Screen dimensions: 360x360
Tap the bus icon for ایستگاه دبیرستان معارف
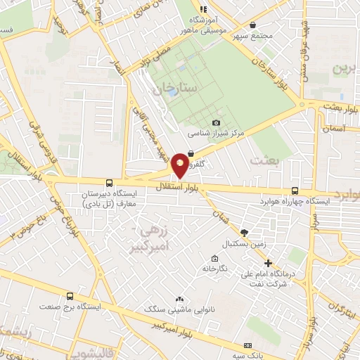[x=109, y=182]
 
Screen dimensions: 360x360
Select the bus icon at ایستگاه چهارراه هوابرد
[x=295, y=190]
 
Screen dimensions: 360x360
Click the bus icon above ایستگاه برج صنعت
[x=69, y=297]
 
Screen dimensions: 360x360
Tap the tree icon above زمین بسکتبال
[x=244, y=233]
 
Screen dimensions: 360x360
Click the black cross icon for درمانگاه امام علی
[x=268, y=263]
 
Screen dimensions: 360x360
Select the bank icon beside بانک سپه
[x=247, y=346]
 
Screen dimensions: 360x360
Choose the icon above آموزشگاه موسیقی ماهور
[x=202, y=9]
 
